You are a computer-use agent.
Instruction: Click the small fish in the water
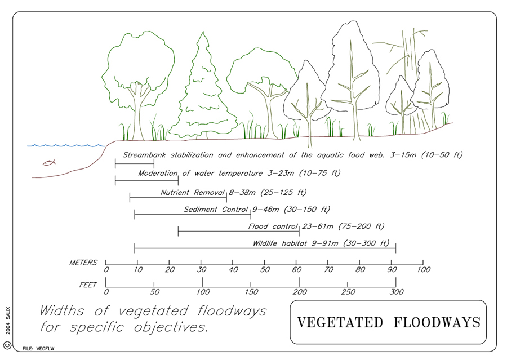(49, 162)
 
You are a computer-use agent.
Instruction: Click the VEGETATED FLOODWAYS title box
(388, 322)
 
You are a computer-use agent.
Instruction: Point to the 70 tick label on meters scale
(328, 269)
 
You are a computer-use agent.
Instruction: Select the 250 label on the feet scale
(348, 292)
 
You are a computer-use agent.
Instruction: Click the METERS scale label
(83, 263)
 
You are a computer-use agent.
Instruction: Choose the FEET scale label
(88, 285)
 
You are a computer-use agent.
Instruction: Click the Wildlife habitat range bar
(265, 248)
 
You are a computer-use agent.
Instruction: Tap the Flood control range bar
(239, 231)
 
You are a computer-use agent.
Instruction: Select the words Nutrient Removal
(193, 193)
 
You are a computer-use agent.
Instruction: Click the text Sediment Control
(216, 210)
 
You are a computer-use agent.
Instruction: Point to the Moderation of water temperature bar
(147, 180)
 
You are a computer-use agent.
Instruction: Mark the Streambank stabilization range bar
(135, 164)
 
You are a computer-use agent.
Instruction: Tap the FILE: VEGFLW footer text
(38, 349)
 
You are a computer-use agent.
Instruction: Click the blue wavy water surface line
(66, 145)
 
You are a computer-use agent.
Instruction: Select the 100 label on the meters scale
(424, 269)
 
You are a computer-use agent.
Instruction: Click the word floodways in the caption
(232, 311)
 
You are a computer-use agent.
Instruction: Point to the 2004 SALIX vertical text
(8, 321)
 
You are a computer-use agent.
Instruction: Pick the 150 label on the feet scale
(251, 292)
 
